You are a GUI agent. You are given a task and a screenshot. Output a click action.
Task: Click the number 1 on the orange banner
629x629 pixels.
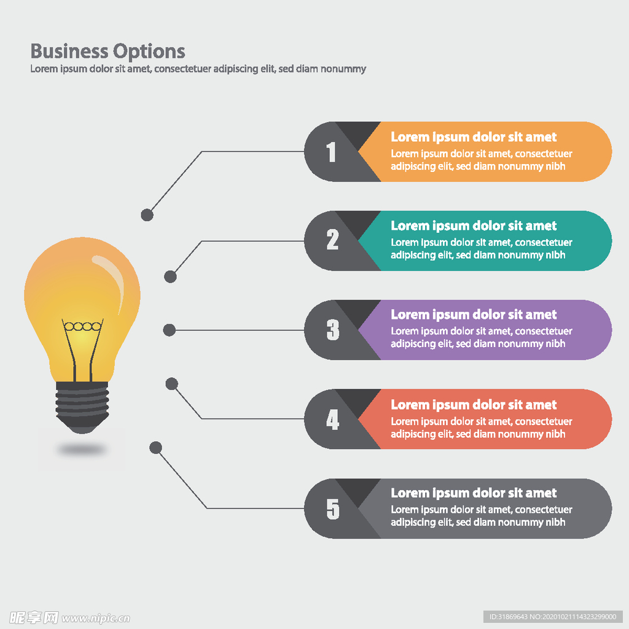(x=332, y=152)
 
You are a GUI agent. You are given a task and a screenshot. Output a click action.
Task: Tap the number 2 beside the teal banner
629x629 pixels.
(x=332, y=240)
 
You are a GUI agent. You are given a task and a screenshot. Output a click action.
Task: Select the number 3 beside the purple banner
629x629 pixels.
(x=332, y=330)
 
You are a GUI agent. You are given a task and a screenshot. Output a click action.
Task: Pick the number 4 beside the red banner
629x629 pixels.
(x=332, y=420)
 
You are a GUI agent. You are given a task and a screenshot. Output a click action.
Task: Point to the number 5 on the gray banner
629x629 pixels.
(x=332, y=509)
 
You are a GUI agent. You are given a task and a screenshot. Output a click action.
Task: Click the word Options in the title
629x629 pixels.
(x=149, y=51)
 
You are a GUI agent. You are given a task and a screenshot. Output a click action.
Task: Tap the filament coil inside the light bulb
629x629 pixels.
(x=82, y=326)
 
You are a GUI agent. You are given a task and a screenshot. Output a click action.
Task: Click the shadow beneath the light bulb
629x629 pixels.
(x=82, y=450)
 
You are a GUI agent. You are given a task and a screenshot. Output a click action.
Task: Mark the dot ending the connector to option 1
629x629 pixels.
(x=147, y=215)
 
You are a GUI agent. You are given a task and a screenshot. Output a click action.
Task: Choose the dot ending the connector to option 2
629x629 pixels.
(x=170, y=276)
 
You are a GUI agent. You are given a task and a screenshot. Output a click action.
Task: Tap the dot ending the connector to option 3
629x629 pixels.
(x=169, y=330)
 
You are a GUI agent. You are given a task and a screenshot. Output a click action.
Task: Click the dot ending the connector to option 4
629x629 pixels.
(x=172, y=384)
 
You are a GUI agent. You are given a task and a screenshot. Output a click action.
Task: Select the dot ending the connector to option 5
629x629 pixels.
(x=156, y=447)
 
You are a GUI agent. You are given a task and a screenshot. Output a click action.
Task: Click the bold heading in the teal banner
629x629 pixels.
(x=474, y=226)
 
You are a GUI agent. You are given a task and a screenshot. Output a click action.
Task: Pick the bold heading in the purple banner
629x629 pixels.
(x=474, y=315)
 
